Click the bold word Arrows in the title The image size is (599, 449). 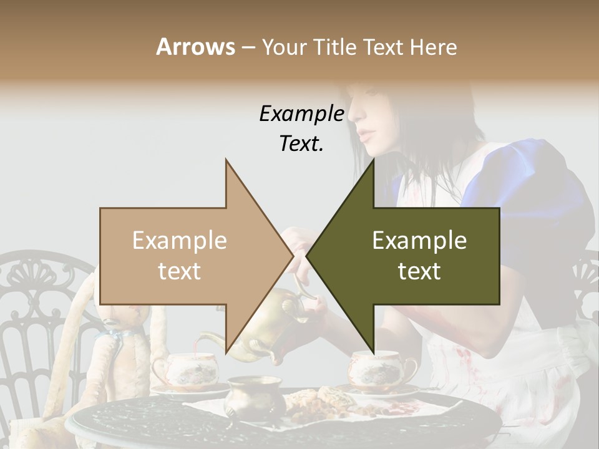[x=195, y=47]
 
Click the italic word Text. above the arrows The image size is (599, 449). [x=301, y=143]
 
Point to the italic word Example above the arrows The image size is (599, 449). [x=301, y=113]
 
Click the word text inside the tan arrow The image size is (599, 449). [x=179, y=271]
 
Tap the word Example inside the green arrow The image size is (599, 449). [x=419, y=240]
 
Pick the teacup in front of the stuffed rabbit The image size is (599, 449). [x=185, y=369]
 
